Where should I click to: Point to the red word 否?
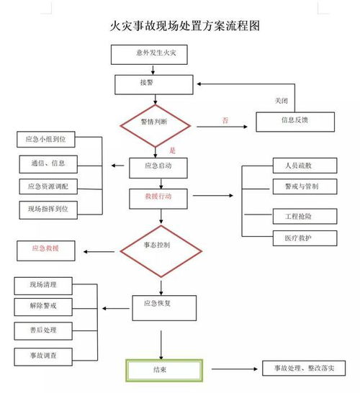[225, 121]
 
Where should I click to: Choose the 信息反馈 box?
[295, 121]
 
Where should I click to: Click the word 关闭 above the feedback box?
[282, 99]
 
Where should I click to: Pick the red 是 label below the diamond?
[172, 151]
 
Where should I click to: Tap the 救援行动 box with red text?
[159, 196]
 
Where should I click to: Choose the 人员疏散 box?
[305, 165]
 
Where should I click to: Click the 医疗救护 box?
[305, 237]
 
